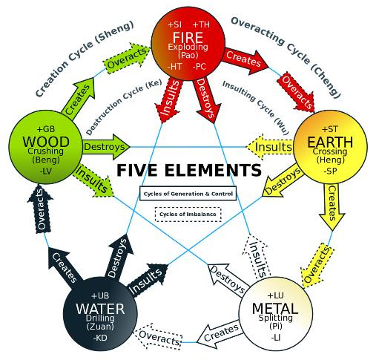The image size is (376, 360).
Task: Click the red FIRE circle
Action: pyautogui.click(x=188, y=43)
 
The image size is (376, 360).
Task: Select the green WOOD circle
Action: pyautogui.click(x=46, y=148)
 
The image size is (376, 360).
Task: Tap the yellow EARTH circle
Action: pyautogui.click(x=330, y=148)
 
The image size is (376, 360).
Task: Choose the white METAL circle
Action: pyautogui.click(x=275, y=314)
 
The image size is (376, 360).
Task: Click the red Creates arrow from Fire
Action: pyautogui.click(x=245, y=61)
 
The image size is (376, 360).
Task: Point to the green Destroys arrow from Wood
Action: pyautogui.click(x=106, y=147)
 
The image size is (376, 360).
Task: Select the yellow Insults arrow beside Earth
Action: pyautogui.click(x=270, y=147)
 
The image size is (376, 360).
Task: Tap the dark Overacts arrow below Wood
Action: pyautogui.click(x=41, y=209)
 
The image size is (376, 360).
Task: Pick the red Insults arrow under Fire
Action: pyautogui.click(x=169, y=99)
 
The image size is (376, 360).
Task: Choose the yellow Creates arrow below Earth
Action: pyautogui.click(x=332, y=207)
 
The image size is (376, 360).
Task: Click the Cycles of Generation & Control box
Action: pyautogui.click(x=188, y=193)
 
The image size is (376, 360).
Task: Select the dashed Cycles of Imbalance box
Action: pyautogui.click(x=188, y=215)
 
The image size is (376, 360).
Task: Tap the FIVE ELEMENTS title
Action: pyautogui.click(x=189, y=170)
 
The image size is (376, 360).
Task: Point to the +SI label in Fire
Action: pyautogui.click(x=174, y=24)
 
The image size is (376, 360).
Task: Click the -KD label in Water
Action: pyautogui.click(x=100, y=338)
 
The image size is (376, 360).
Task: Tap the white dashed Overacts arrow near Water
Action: pyautogui.click(x=159, y=337)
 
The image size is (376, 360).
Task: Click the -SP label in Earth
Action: pyautogui.click(x=331, y=171)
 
